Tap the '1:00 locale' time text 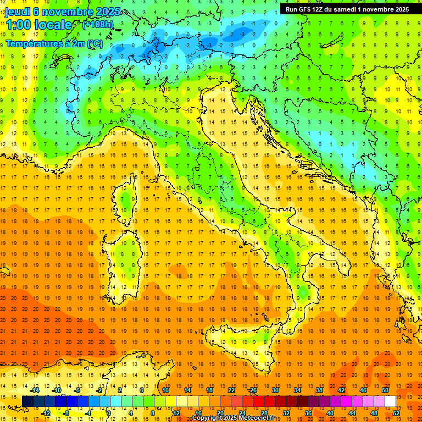[38, 25]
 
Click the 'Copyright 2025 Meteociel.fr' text [237, 418]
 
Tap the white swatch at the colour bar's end [390, 402]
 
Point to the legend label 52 [396, 413]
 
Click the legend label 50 [385, 390]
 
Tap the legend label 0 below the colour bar [109, 413]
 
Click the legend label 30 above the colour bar [275, 390]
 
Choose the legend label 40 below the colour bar [330, 413]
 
